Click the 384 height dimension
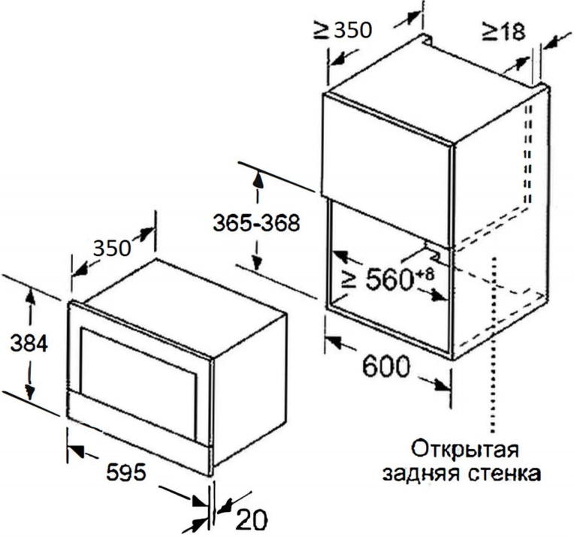click(29, 344)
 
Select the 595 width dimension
click(126, 472)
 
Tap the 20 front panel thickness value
click(251, 519)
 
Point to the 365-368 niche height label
click(256, 223)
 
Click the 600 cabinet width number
click(386, 366)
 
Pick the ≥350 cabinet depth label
click(343, 30)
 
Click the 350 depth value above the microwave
click(112, 248)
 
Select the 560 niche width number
click(388, 279)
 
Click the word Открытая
click(466, 449)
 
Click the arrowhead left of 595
click(76, 451)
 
